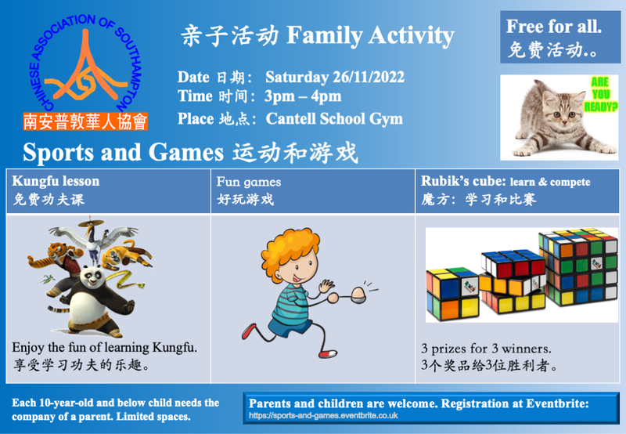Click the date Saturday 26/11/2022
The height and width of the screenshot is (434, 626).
coord(335,77)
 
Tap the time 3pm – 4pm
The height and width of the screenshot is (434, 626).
coord(303,96)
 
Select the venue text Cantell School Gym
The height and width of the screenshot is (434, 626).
coord(334,119)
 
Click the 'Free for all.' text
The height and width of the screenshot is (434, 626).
coord(554,27)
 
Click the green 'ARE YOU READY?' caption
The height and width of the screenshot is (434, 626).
coord(600,94)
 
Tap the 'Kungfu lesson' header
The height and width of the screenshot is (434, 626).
coord(56,181)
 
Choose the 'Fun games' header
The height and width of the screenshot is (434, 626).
coord(249,183)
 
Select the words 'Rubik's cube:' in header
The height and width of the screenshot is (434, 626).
coord(463,181)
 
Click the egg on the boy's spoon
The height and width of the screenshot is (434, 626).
coord(358,293)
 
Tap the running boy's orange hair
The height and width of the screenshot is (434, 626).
coord(290,248)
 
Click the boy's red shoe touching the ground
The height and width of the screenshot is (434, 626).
coord(328,353)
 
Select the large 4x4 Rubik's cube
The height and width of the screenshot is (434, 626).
coord(578,266)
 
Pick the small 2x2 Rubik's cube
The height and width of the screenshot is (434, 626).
coord(453,294)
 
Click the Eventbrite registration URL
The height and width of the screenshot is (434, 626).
coord(323,416)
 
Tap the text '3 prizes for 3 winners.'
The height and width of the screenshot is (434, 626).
coord(486,349)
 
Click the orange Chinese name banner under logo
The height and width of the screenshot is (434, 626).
coord(85,121)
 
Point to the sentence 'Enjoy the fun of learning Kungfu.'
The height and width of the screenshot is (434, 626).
coord(105,347)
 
